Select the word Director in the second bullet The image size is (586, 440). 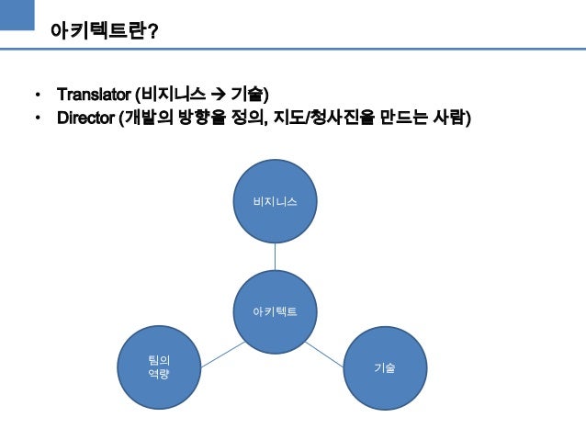tap(85, 118)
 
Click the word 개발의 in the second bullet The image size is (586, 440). tap(147, 118)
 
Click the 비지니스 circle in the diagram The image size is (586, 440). tap(276, 200)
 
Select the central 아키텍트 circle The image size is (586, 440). tap(276, 312)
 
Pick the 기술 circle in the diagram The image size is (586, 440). tap(385, 367)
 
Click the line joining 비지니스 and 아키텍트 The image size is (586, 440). tap(276, 256)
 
